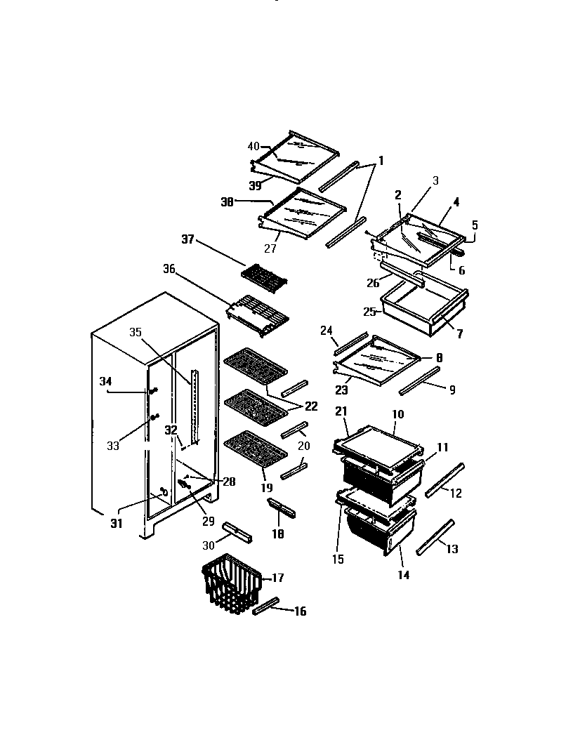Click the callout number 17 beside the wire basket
(278, 578)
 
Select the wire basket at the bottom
(231, 582)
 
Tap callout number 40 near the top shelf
(253, 146)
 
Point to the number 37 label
(187, 239)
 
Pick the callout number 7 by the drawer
(459, 334)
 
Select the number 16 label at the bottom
(300, 611)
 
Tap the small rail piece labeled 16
(266, 607)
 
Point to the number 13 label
(452, 549)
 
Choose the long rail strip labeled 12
(444, 479)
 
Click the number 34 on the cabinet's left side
(105, 381)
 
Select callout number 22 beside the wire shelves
(310, 406)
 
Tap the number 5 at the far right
(474, 225)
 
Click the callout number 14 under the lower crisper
(403, 575)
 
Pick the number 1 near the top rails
(381, 160)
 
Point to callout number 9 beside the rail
(452, 390)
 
